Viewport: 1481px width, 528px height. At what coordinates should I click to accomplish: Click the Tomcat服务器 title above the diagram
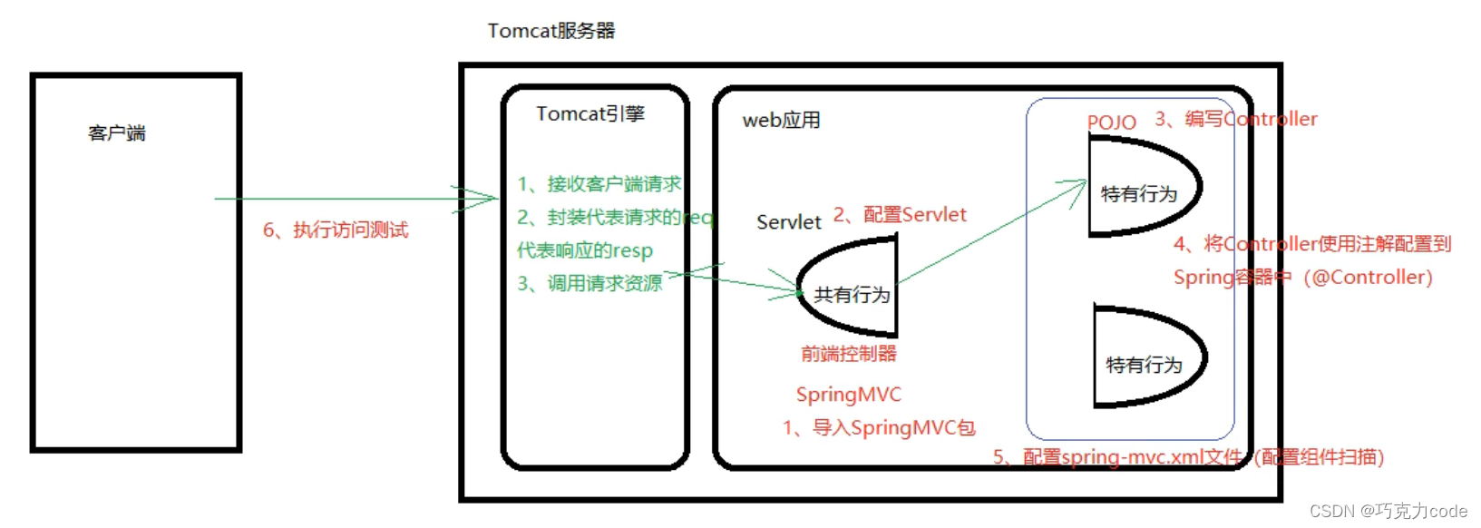(x=551, y=31)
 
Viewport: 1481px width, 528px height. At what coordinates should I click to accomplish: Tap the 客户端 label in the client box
(x=117, y=133)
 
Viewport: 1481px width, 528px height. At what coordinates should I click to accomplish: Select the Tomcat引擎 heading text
(x=590, y=114)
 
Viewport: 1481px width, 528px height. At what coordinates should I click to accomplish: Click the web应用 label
(x=781, y=121)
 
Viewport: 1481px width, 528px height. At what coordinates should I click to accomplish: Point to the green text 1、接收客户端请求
(x=599, y=184)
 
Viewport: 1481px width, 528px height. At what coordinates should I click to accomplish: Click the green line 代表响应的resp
(x=585, y=250)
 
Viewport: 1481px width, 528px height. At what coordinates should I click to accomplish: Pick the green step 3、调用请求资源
(x=589, y=284)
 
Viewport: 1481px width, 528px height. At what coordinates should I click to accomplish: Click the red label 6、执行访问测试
(x=336, y=230)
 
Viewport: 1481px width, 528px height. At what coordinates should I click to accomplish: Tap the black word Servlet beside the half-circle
(x=788, y=222)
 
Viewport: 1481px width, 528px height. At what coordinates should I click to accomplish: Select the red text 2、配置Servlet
(x=900, y=215)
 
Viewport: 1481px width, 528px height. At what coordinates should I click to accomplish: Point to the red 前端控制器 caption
(x=848, y=354)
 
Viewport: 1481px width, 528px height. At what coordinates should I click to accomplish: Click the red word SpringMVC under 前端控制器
(x=848, y=395)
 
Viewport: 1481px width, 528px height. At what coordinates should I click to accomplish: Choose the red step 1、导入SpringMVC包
(x=879, y=428)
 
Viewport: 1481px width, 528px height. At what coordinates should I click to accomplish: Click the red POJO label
(x=1111, y=122)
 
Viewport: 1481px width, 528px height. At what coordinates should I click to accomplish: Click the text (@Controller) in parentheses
(x=1368, y=278)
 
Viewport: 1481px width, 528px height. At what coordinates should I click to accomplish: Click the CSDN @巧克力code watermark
(x=1388, y=512)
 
